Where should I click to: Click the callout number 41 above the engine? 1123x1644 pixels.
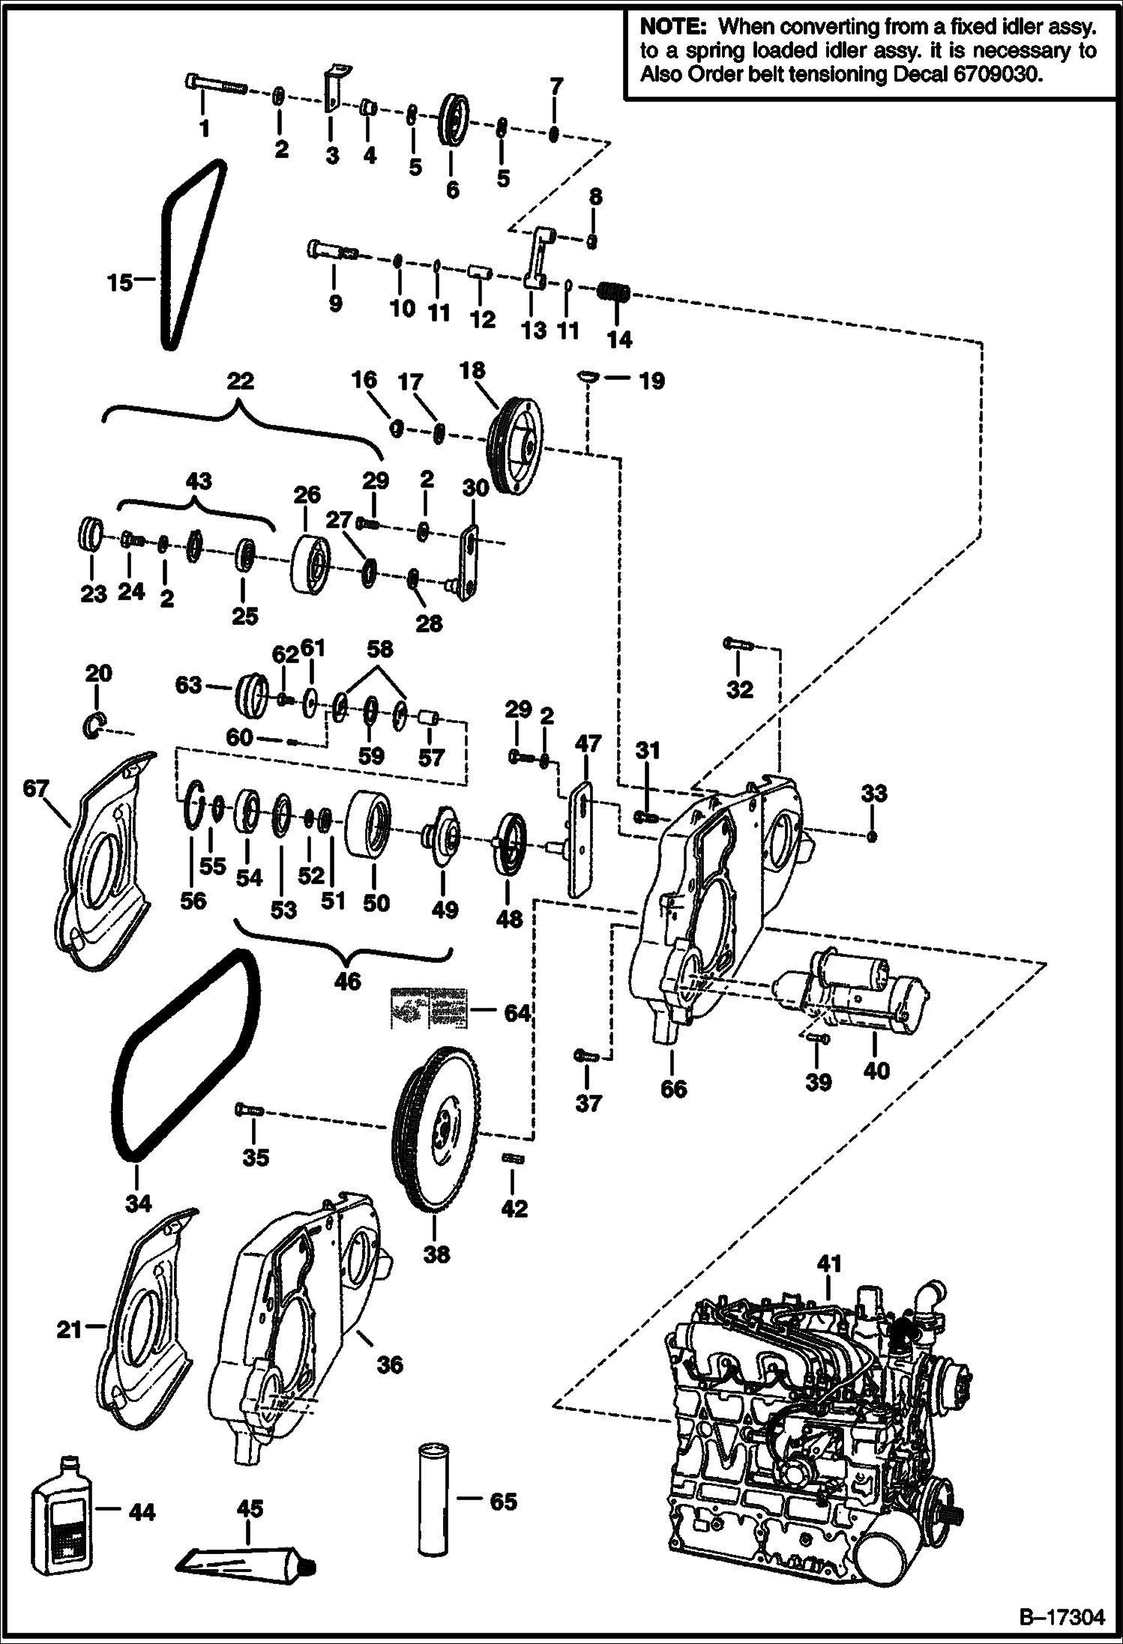(x=829, y=1263)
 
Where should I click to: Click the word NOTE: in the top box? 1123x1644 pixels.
(x=672, y=27)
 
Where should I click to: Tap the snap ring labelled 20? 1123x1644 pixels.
(x=94, y=725)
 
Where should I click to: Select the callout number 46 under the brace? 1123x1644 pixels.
(x=348, y=980)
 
